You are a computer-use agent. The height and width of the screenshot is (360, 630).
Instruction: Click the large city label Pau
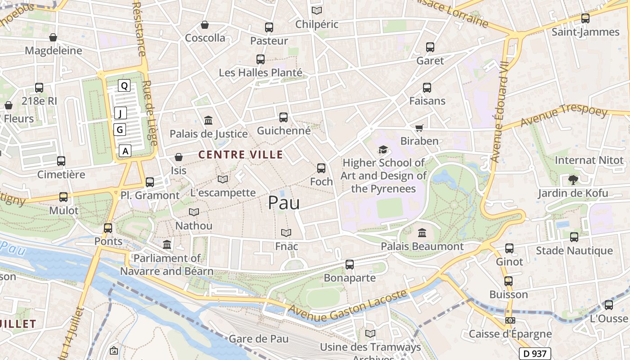283,203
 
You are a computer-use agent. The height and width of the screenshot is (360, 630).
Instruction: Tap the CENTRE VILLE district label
241,155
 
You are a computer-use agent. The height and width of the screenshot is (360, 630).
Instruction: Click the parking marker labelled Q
124,85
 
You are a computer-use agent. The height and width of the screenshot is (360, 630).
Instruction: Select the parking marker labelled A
126,151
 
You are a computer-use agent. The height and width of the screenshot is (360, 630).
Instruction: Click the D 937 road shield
535,354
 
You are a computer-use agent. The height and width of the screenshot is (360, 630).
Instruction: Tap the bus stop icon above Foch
321,168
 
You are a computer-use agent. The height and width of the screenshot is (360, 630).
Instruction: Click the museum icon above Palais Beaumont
422,233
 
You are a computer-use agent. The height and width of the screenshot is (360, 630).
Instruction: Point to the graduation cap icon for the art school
383,149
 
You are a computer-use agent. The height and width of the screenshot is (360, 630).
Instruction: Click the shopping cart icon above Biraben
419,128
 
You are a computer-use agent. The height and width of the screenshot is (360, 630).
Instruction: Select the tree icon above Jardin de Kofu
573,180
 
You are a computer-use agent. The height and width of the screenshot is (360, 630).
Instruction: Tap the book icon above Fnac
286,233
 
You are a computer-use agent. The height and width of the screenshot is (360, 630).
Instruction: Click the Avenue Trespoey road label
563,116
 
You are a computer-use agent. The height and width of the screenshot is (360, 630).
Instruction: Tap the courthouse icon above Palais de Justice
208,120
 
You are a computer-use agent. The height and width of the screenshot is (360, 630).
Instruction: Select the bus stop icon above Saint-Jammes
585,18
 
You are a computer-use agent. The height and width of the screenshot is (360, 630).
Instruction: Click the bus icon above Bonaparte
350,265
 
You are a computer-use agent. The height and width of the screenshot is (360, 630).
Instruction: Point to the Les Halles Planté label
260,72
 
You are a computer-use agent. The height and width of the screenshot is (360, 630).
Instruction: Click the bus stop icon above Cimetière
61,161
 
